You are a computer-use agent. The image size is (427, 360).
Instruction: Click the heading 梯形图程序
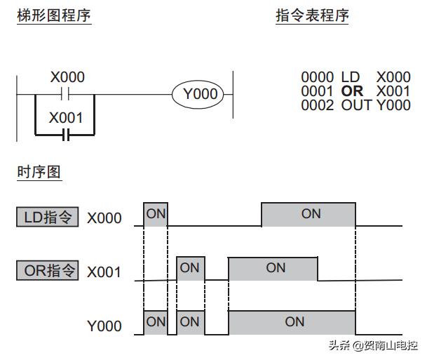54,15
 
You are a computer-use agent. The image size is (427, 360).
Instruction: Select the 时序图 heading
39,171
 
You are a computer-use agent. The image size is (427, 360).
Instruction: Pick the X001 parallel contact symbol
66,134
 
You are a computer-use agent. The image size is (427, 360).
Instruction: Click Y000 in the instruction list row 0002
393,105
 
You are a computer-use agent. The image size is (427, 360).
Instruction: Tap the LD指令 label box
48,217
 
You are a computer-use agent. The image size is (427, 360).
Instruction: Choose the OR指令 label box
48,270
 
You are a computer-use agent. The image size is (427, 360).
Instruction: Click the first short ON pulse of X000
156,215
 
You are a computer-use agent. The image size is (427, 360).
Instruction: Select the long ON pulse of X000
309,215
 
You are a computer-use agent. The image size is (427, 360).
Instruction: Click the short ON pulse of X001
189,269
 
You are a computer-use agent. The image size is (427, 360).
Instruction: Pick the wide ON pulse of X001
274,269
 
